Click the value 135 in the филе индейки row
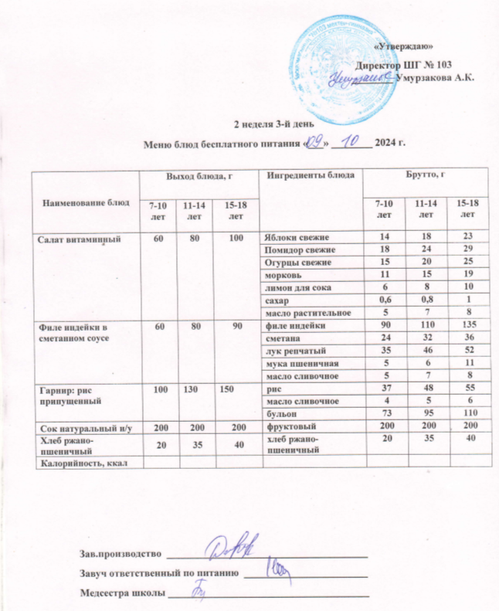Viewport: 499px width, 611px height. pos(464,328)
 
